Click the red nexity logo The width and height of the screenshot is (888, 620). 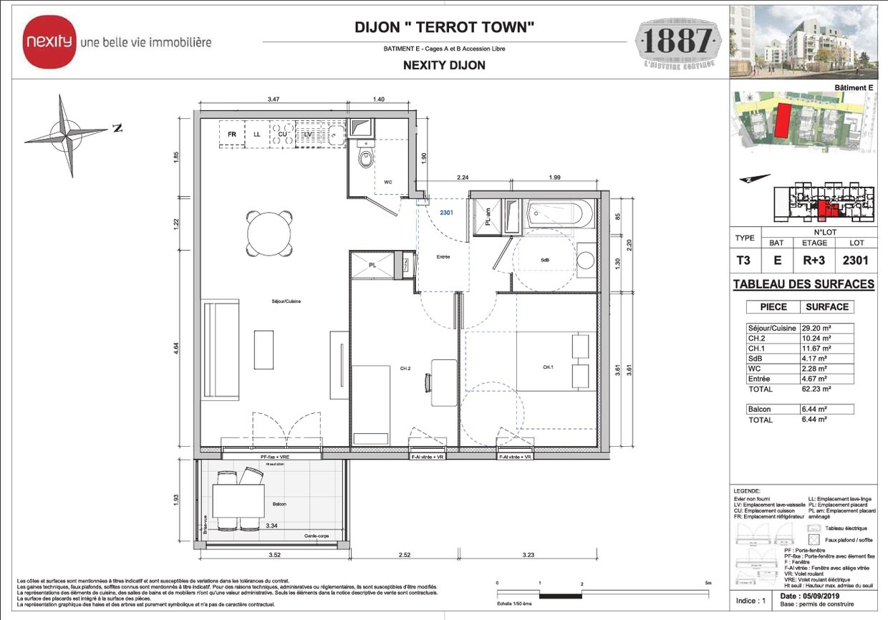click(49, 42)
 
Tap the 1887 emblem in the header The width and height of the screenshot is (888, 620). click(677, 44)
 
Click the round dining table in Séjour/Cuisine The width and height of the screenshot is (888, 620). click(270, 233)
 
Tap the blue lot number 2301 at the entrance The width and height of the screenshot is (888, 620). click(446, 213)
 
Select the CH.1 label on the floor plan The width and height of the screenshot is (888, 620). click(548, 368)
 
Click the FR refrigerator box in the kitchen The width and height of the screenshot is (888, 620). click(232, 134)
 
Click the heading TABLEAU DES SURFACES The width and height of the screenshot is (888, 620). click(803, 284)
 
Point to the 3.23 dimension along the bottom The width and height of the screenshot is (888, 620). click(529, 554)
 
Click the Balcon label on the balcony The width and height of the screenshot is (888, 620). click(279, 504)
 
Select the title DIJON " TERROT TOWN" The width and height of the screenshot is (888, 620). click(445, 28)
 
